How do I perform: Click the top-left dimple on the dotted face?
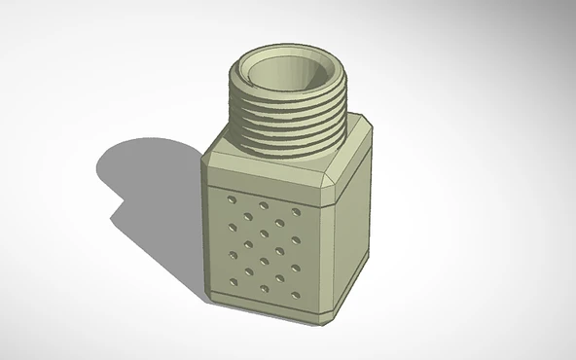[x=231, y=198]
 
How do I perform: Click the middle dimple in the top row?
[x=264, y=205]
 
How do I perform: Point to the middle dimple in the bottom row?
[x=264, y=289]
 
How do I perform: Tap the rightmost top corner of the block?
[x=370, y=126]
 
